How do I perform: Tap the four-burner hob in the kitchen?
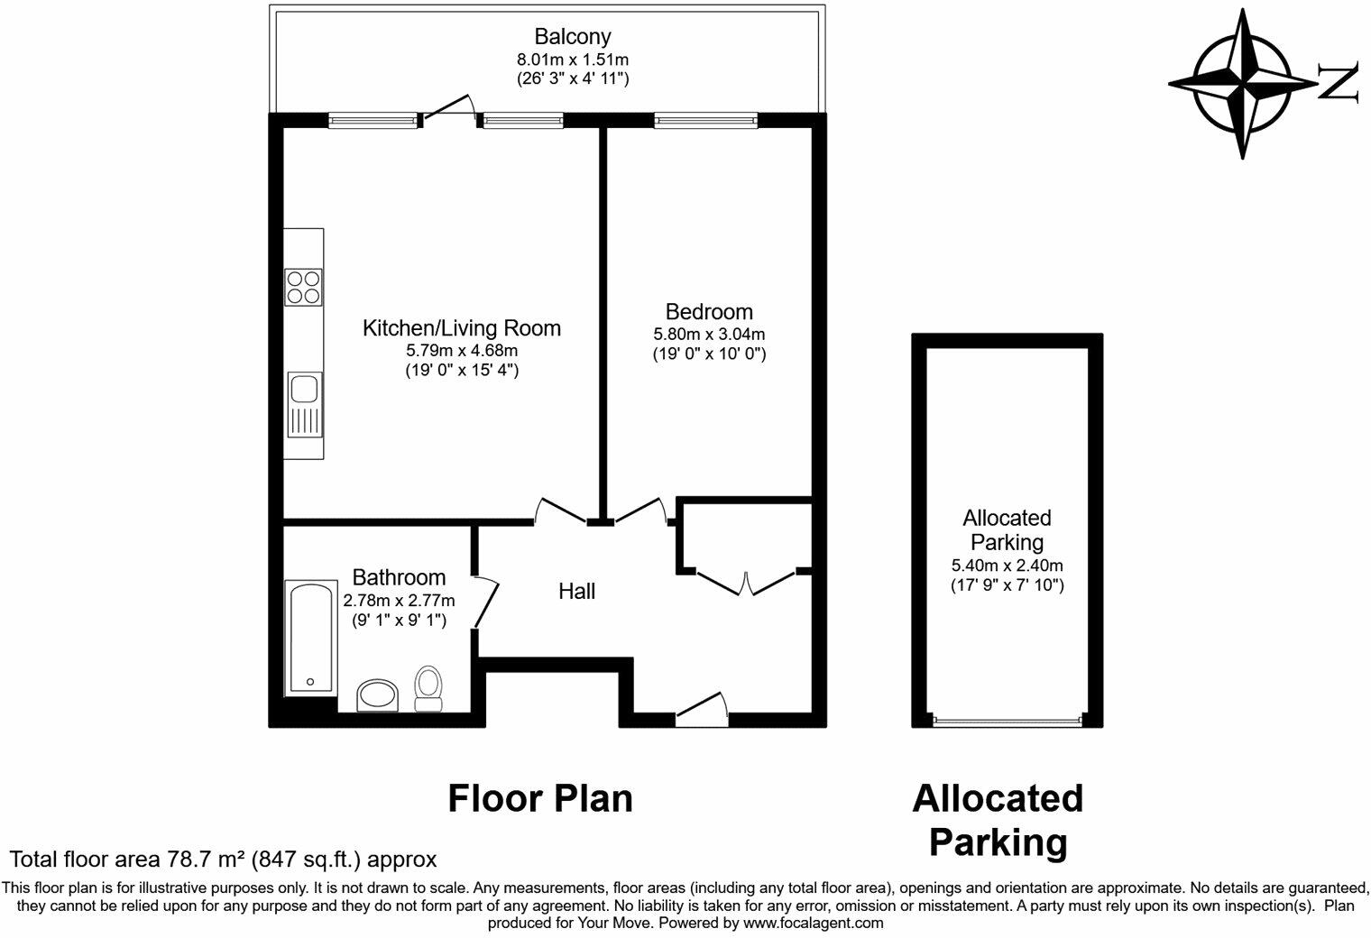point(304,287)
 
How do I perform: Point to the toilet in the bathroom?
point(428,688)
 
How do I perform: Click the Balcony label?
point(572,37)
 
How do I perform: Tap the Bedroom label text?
point(709,312)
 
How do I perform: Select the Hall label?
point(576,592)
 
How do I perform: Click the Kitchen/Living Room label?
point(461,328)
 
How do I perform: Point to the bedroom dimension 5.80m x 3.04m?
point(709,334)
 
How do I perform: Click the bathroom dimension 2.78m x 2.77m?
point(399,601)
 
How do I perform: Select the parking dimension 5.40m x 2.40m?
point(1007,566)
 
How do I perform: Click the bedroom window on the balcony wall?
point(705,119)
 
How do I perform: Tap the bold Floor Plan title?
point(540,798)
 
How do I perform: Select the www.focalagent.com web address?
point(812,923)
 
